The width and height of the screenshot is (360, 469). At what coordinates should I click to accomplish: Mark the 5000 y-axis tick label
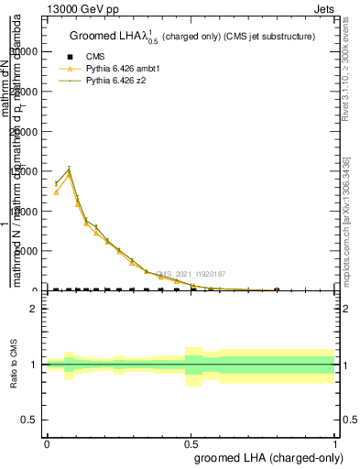[27, 251]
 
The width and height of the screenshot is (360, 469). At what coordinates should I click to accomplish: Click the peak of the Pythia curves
[69, 169]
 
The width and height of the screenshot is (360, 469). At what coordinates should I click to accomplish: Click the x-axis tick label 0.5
[191, 442]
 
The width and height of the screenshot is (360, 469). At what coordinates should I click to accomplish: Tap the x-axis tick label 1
[335, 442]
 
